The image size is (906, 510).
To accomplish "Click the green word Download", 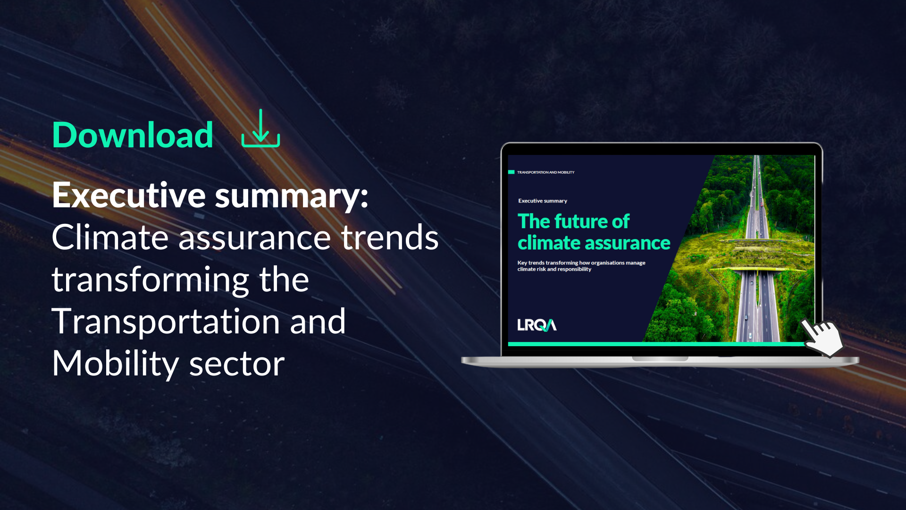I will (x=133, y=135).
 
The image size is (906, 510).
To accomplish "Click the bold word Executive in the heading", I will (x=129, y=195).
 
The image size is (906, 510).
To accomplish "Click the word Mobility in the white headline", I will (x=116, y=364).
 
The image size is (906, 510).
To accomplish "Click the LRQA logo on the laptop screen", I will (x=537, y=325).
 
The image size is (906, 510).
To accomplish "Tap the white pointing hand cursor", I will (x=823, y=336).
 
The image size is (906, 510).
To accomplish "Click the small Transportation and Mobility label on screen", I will (x=545, y=172).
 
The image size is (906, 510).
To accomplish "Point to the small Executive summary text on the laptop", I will (x=543, y=201).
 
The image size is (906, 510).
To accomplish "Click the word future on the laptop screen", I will (x=581, y=221).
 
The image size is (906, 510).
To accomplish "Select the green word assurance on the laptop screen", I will (x=628, y=243).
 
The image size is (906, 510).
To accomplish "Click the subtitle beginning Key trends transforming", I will (x=581, y=266).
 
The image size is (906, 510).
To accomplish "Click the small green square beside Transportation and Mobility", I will (x=511, y=172).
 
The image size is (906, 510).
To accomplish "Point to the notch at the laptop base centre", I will (x=660, y=359).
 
